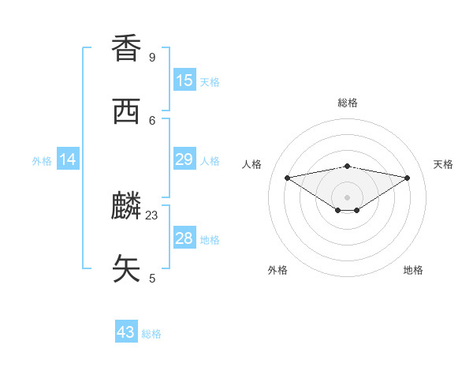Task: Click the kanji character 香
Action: coord(127,48)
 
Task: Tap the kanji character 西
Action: coord(127,111)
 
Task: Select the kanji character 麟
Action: coord(127,206)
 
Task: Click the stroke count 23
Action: coord(152,215)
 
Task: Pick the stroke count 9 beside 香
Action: coord(152,57)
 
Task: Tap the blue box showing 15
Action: coord(184,81)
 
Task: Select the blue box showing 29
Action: coord(184,159)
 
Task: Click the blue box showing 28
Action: coord(184,238)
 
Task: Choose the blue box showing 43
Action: coord(126,332)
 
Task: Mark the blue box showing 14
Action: coord(68,159)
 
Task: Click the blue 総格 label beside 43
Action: coord(151,334)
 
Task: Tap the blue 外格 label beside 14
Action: coord(42,161)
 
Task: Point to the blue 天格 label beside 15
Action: coord(210,82)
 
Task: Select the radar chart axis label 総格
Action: coord(348,103)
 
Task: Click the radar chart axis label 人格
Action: coord(252,164)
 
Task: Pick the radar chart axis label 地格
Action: coord(413,270)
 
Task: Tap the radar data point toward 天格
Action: coord(408,178)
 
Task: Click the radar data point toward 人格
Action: coord(287,178)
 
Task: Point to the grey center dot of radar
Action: coord(348,197)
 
